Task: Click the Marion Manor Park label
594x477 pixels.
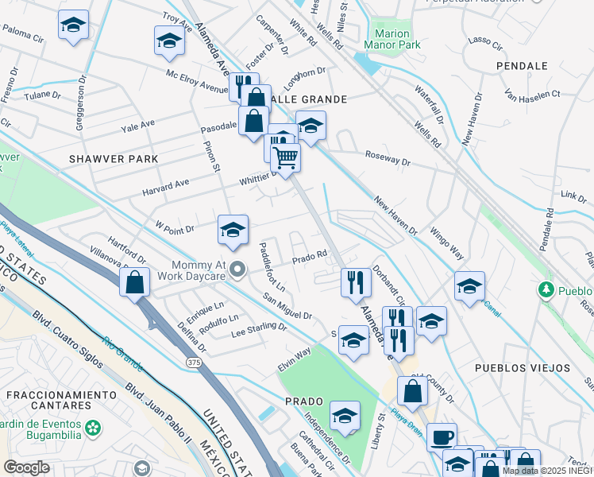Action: tap(391, 40)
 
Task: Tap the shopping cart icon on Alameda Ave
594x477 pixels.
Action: tap(286, 156)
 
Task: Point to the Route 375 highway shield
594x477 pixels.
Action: tap(192, 363)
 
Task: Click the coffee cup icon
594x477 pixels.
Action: tap(442, 436)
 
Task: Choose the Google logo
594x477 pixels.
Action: tap(26, 467)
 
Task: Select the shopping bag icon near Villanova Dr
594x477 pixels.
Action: tap(135, 281)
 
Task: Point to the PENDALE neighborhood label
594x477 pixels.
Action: tap(522, 66)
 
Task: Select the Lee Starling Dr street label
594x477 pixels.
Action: tap(258, 327)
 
